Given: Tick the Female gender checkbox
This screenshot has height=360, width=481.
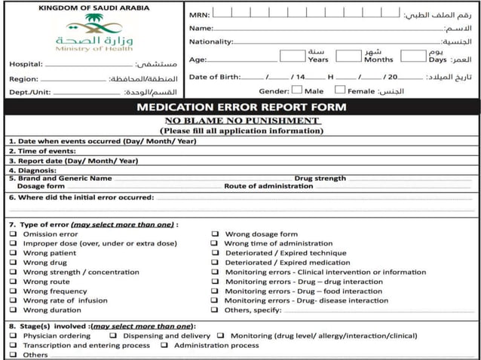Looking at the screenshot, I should point(340,90).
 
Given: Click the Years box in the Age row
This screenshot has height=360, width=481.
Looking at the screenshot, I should point(292,55).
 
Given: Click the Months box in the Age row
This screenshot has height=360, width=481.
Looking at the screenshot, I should point(348,55).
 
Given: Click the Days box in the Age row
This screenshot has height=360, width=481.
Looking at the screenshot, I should point(413,55).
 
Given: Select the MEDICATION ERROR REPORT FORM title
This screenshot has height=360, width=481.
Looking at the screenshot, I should point(241,107).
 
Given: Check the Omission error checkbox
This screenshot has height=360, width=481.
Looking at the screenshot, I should point(13,234).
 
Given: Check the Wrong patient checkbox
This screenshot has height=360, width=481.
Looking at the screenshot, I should point(13,253).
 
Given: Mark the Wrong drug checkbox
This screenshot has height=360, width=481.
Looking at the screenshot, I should point(13,263).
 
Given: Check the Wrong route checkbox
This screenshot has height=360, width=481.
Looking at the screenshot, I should point(13,282).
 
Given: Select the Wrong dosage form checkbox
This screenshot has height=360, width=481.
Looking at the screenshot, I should point(215,234).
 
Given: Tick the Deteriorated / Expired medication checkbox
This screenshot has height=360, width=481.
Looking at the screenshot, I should point(215,263).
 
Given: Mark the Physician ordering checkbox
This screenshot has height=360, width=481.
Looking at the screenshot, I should point(13,336).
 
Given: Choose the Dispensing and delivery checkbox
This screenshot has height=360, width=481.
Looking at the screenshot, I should point(113,336).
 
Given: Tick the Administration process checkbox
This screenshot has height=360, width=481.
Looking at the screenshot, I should point(164,346).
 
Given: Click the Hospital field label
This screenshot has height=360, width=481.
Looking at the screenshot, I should point(26,64).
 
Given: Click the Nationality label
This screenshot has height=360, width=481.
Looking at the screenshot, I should point(210,41).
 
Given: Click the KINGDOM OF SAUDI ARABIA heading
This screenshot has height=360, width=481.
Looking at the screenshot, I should point(93,8).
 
